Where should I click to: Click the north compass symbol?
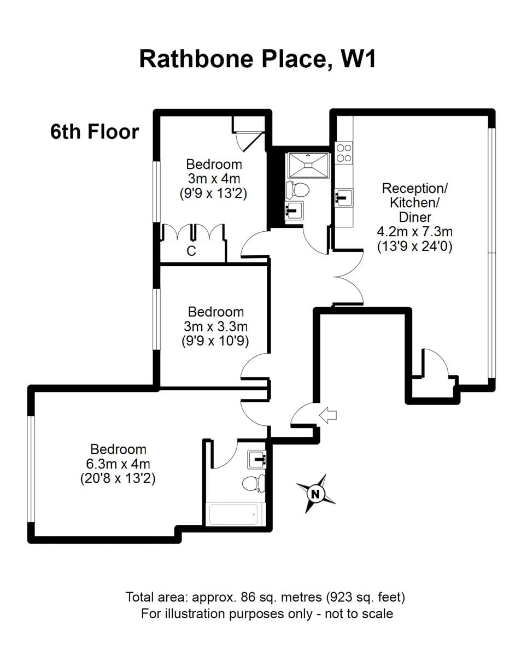tap(315, 494)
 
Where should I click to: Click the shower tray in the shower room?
tap(307, 165)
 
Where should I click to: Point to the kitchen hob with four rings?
tap(344, 153)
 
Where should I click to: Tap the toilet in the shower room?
tap(297, 190)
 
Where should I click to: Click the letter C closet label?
tap(191, 251)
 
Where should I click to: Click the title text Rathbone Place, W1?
tap(257, 58)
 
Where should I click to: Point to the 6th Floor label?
tap(95, 132)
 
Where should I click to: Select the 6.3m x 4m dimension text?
tap(118, 464)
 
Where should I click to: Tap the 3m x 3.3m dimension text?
tap(215, 326)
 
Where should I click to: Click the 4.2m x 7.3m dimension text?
tap(415, 232)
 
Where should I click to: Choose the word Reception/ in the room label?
tap(415, 189)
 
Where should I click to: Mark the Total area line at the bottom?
tap(266, 596)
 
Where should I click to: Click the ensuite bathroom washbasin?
tap(256, 459)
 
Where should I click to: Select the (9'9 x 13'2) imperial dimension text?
tap(214, 193)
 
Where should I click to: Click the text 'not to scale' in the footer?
tap(358, 613)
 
